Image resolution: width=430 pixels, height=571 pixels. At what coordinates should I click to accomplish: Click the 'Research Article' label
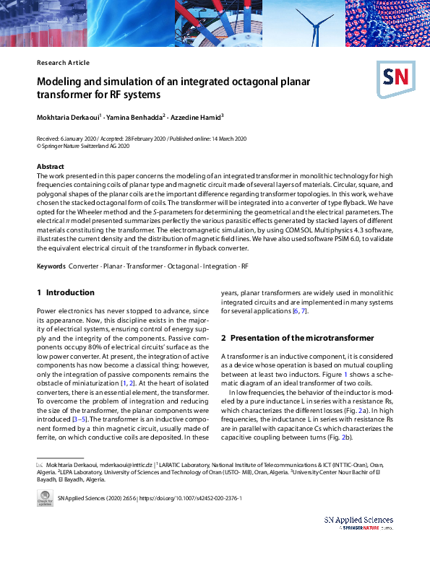pos(63,63)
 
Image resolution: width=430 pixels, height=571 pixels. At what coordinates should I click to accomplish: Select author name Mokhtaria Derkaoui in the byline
pos(68,115)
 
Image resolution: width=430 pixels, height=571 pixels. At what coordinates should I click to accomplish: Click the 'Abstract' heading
pos(50,167)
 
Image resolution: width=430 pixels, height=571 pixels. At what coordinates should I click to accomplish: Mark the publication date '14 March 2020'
pos(226,138)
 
